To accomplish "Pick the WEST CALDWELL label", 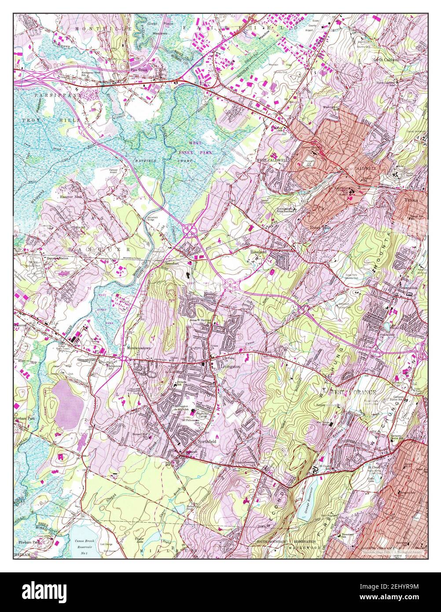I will [272, 161].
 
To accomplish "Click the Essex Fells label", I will [320, 227].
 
